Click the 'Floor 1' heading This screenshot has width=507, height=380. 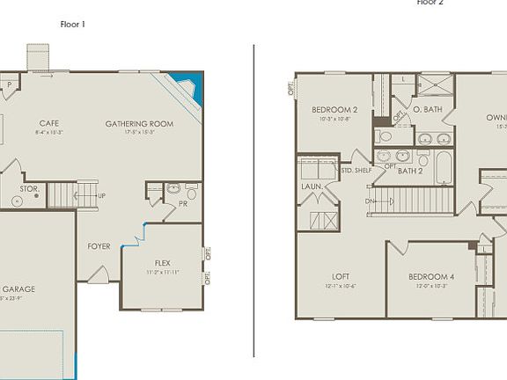tap(73, 24)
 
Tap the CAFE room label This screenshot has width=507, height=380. tap(48, 123)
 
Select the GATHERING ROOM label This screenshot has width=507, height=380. tap(130, 123)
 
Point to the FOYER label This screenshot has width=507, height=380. tap(99, 246)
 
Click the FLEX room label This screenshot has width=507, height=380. tap(162, 263)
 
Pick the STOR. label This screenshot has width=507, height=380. tap(28, 188)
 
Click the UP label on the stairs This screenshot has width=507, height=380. tap(101, 195)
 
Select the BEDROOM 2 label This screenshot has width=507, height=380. tap(334, 110)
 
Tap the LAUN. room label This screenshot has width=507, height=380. tap(311, 186)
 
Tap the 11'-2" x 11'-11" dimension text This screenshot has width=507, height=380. tap(162, 273)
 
